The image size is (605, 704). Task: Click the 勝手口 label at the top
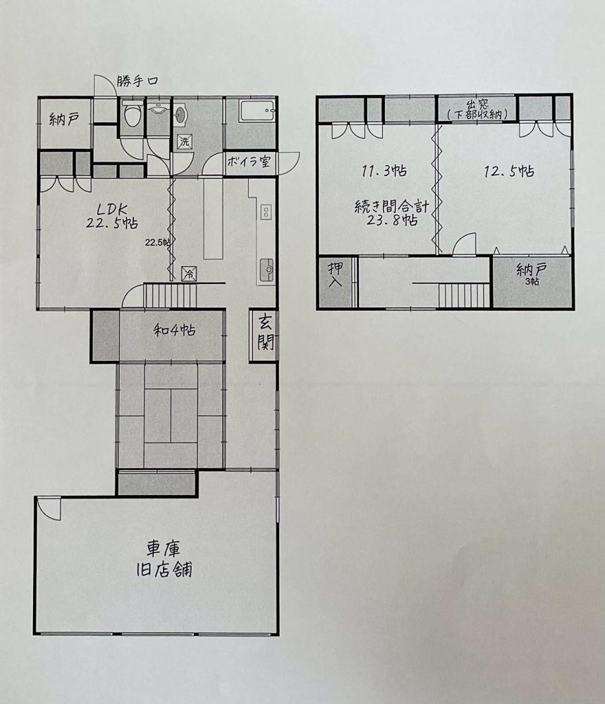coord(137,81)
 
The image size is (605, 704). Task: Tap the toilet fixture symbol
coord(133,114)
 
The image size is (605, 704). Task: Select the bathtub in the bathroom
coord(257,111)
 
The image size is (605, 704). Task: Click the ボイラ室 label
coord(249,162)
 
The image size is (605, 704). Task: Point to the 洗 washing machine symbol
coord(185,142)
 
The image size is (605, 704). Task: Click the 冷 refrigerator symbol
coord(189,274)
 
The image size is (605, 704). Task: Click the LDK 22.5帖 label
coord(112,216)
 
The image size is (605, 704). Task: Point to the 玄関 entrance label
coord(265,335)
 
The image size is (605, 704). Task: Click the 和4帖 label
coord(175,331)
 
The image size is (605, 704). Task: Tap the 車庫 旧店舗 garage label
coord(164,560)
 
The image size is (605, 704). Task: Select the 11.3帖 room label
coord(384,170)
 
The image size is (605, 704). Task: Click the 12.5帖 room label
coord(509,171)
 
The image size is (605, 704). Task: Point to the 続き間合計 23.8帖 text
coord(392,214)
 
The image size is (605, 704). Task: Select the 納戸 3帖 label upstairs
coord(531,274)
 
